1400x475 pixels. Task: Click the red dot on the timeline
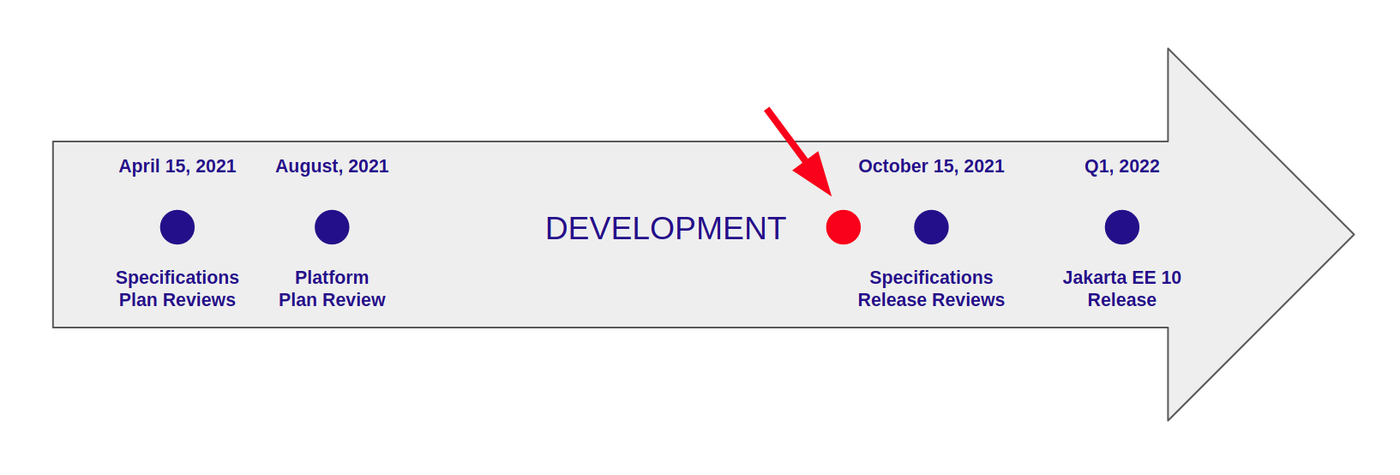pyautogui.click(x=843, y=227)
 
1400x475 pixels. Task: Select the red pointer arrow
pyautogui.click(x=798, y=152)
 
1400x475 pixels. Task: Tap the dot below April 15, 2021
pyautogui.click(x=177, y=227)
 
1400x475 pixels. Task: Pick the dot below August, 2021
pyautogui.click(x=332, y=227)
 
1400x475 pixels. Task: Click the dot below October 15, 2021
pyautogui.click(x=931, y=227)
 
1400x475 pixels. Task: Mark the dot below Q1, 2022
pyautogui.click(x=1122, y=227)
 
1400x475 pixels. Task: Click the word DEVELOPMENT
pyautogui.click(x=665, y=228)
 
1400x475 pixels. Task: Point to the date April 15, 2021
pyautogui.click(x=177, y=166)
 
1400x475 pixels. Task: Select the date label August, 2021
pyautogui.click(x=332, y=166)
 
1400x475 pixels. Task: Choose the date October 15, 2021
pyautogui.click(x=931, y=166)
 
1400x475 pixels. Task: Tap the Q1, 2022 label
pyautogui.click(x=1122, y=166)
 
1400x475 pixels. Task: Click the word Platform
pyautogui.click(x=332, y=277)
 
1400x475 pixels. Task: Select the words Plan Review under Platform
pyautogui.click(x=332, y=300)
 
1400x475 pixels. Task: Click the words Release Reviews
pyautogui.click(x=931, y=300)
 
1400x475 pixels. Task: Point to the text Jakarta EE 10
pyautogui.click(x=1122, y=277)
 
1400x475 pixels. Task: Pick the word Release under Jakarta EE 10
pyautogui.click(x=1122, y=300)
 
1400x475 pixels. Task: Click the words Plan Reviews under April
pyautogui.click(x=177, y=300)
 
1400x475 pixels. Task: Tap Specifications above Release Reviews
pyautogui.click(x=931, y=278)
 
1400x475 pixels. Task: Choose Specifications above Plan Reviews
pyautogui.click(x=177, y=278)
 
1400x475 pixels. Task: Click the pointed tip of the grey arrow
pyautogui.click(x=1353, y=234)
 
